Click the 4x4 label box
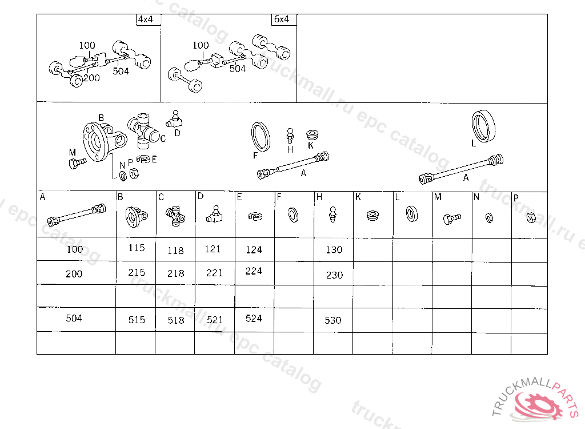149,19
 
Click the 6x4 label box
284,19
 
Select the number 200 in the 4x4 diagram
91,78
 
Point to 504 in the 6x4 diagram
238,69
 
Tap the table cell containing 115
136,249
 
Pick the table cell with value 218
175,273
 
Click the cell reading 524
254,320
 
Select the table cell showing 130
334,249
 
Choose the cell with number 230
334,274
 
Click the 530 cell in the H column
333,320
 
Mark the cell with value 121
215,249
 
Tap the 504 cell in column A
76,319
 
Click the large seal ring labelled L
484,126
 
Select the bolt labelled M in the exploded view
78,163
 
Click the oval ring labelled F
261,137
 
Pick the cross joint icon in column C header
175,216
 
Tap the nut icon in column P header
531,217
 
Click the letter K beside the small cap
311,145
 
